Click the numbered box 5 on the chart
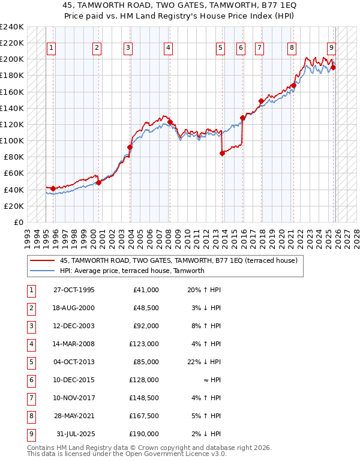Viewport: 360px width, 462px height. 221,48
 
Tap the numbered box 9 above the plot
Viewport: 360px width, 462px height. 331,48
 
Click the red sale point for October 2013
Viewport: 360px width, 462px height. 222,153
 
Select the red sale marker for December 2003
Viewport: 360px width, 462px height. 130,147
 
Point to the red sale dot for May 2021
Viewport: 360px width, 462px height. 293,85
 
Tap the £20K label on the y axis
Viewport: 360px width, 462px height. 14,206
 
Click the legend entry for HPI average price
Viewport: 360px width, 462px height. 132,271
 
